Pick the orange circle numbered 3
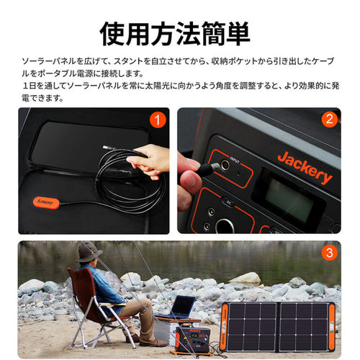(329, 253)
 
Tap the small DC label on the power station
(227, 201)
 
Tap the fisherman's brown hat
(89, 251)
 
